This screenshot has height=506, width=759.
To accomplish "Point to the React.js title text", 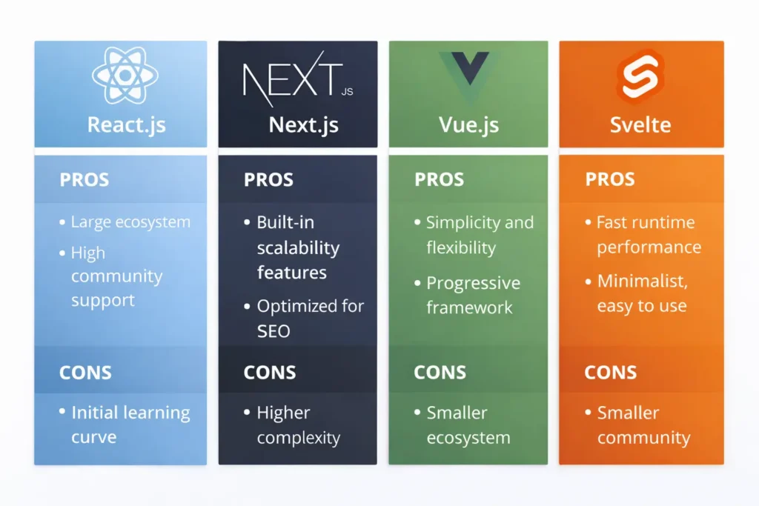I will [x=126, y=124].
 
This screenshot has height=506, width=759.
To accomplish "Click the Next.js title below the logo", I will [x=303, y=124].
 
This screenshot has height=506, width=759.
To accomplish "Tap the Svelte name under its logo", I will [x=640, y=124].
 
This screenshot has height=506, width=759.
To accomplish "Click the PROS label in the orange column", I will [x=610, y=180].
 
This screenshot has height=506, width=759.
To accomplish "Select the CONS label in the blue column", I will [x=85, y=373].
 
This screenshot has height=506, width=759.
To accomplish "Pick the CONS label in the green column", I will [x=440, y=373].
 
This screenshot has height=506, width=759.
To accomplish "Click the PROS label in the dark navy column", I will [x=268, y=180].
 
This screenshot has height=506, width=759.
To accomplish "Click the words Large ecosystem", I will [x=130, y=222].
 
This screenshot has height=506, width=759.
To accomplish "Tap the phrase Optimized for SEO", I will [x=310, y=318].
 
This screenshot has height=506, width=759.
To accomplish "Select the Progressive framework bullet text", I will [x=473, y=295].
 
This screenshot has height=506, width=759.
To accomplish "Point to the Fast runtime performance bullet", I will [x=649, y=234].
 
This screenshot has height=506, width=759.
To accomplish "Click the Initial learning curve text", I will [x=130, y=425].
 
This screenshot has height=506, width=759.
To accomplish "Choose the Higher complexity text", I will [x=298, y=425].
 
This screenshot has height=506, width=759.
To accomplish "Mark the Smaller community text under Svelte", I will [x=643, y=425].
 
